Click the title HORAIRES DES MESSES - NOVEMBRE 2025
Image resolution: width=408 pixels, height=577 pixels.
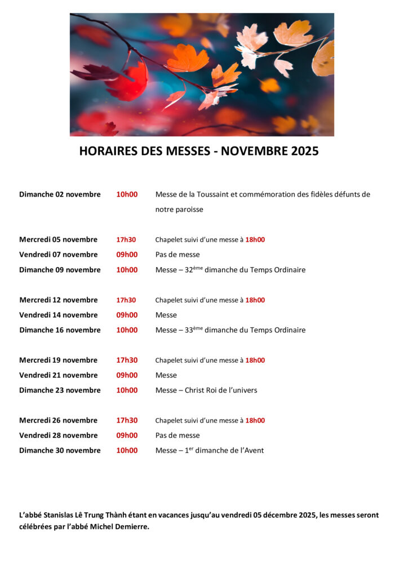click(x=199, y=151)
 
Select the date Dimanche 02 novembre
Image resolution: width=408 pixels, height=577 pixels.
click(x=60, y=194)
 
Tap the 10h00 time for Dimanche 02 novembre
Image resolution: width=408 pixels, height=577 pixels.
click(x=127, y=194)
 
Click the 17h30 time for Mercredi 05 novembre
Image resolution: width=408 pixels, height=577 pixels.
click(x=126, y=239)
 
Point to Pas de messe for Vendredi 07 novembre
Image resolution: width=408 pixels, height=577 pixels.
click(x=178, y=255)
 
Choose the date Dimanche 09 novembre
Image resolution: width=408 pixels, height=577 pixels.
click(x=60, y=270)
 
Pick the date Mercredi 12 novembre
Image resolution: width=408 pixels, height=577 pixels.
click(x=58, y=300)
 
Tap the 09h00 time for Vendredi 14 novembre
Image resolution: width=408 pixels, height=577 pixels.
click(x=127, y=315)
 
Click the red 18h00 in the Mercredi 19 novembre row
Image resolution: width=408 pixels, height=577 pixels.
click(x=255, y=360)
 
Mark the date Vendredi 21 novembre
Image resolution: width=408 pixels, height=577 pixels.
click(x=58, y=375)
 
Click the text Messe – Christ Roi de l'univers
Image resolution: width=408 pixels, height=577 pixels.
click(x=206, y=390)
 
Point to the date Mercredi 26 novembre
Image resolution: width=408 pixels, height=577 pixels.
click(x=58, y=420)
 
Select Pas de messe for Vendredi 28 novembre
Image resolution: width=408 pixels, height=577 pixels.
click(x=178, y=436)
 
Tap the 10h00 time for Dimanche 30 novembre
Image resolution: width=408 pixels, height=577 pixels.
click(x=127, y=450)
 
